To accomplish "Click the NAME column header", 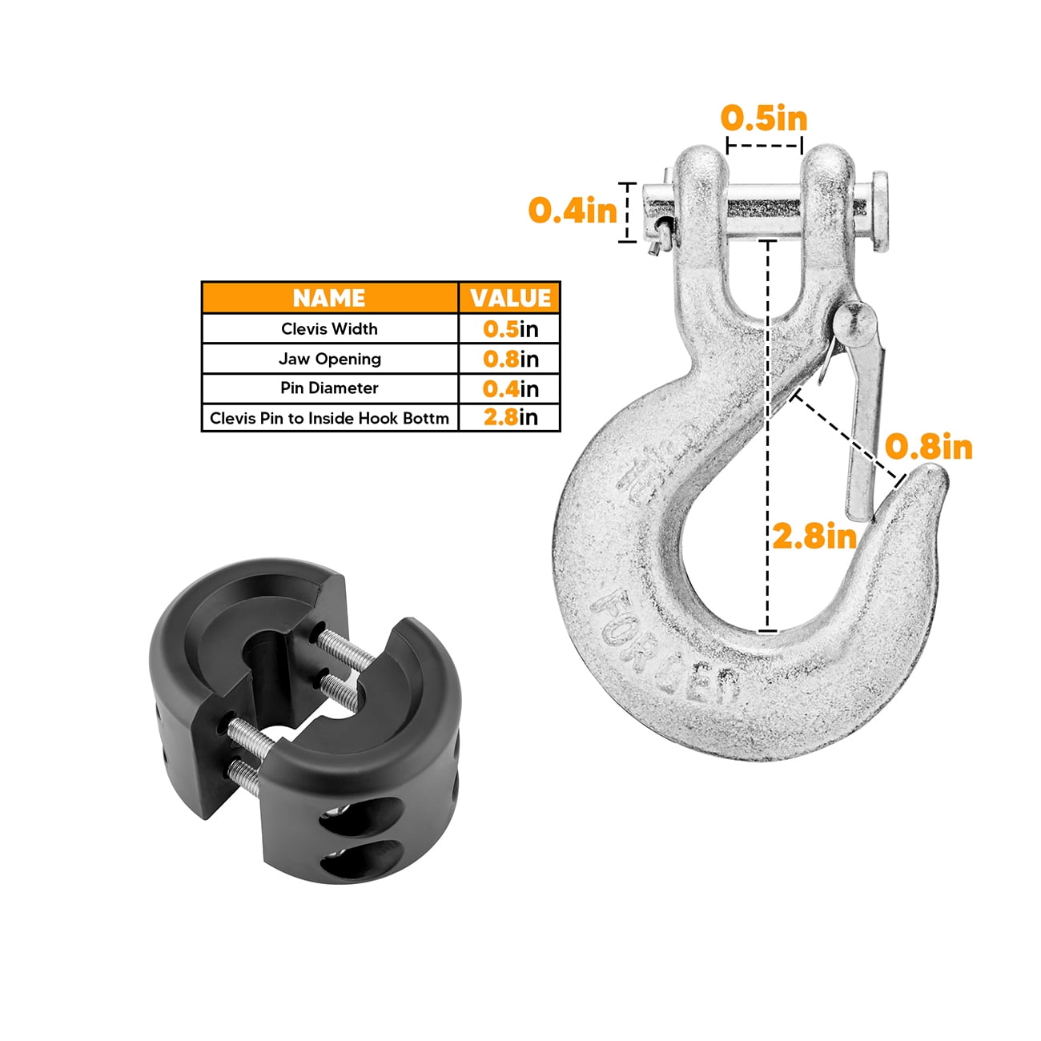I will pyautogui.click(x=329, y=298).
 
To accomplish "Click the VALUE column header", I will pyautogui.click(x=510, y=298).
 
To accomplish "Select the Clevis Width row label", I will pyautogui.click(x=329, y=329).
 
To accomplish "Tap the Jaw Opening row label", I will pyautogui.click(x=329, y=359).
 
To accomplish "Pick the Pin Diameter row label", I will pyautogui.click(x=329, y=388).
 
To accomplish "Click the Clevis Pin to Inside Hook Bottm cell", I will pyautogui.click(x=329, y=418).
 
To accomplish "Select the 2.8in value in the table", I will pyautogui.click(x=510, y=418).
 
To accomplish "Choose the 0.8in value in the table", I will pyautogui.click(x=510, y=359).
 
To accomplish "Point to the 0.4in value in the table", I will pyautogui.click(x=510, y=388).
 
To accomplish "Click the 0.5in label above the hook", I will pyautogui.click(x=764, y=119).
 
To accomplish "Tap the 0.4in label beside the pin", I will pyautogui.click(x=573, y=211).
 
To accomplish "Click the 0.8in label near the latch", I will pyautogui.click(x=929, y=447).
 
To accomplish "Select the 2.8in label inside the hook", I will pyautogui.click(x=814, y=536).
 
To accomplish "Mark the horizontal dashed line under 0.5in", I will pyautogui.click(x=764, y=147).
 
